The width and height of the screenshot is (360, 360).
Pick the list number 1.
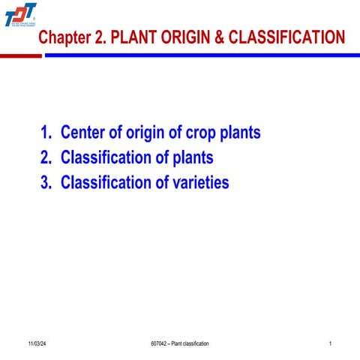(46, 133)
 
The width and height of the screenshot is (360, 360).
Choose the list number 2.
(46, 158)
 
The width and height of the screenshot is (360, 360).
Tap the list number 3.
(46, 182)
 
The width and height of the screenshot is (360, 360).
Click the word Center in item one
(84, 133)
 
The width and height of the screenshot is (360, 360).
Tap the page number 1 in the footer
(330, 343)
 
